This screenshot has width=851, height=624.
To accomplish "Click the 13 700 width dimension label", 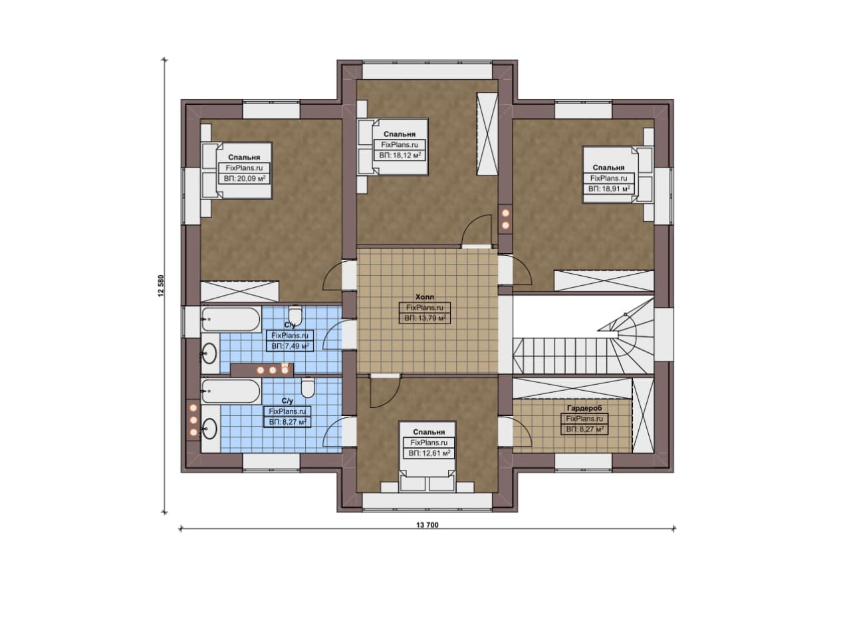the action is [x=427, y=525].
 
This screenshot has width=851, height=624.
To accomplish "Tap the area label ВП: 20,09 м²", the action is [x=244, y=179].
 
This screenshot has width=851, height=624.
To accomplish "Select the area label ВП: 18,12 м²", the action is [x=400, y=155].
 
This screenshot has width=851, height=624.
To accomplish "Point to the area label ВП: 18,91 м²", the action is [x=609, y=188].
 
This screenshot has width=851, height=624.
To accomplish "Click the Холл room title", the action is [x=425, y=296].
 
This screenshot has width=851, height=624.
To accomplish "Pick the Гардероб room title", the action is [x=584, y=408].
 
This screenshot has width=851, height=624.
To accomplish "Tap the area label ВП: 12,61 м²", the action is [x=429, y=453].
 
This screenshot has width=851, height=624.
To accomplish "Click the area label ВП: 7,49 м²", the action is [x=290, y=346].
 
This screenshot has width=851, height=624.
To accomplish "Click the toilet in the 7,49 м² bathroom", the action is [x=295, y=316].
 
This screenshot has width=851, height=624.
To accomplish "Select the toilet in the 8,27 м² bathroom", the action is [x=307, y=387].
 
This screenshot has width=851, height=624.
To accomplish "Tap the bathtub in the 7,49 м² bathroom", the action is [x=231, y=320].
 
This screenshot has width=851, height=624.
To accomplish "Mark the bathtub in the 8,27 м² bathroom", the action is [x=231, y=391].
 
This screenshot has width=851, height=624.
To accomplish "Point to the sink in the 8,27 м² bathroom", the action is [x=209, y=429].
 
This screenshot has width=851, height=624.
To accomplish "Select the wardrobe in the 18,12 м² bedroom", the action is [x=487, y=134].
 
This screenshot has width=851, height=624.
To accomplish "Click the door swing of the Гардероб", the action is [x=522, y=432].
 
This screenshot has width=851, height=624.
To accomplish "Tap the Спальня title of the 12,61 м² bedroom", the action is [x=429, y=432].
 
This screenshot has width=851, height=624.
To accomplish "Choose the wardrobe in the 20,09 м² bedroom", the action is [x=239, y=291].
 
